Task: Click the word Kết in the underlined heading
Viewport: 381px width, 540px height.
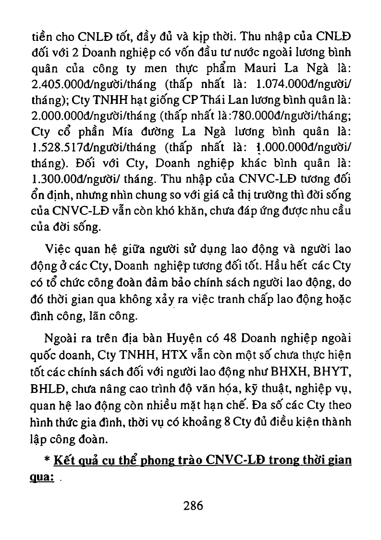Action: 64,460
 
